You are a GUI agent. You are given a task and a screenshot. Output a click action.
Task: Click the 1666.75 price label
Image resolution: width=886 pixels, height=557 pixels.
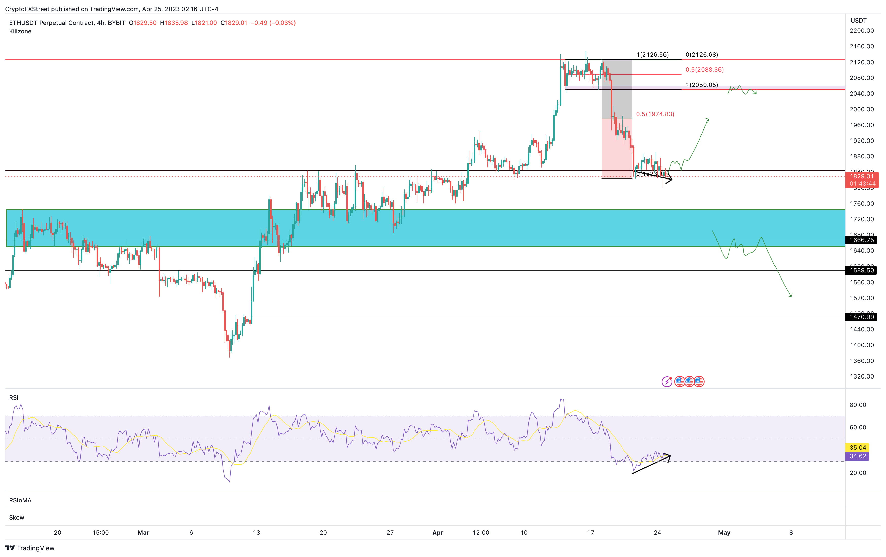tap(861, 240)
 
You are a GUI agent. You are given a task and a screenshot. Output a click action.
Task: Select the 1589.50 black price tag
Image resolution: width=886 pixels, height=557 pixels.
tap(861, 270)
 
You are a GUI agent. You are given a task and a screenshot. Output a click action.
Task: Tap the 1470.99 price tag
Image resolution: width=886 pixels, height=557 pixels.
tap(861, 317)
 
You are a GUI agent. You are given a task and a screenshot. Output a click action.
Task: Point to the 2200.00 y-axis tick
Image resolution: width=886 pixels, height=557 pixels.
tap(861, 31)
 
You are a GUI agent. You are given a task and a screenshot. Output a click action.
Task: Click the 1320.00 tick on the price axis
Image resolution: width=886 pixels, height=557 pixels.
tap(861, 376)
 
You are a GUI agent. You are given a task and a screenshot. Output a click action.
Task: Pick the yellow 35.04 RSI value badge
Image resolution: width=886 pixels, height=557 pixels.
tap(858, 447)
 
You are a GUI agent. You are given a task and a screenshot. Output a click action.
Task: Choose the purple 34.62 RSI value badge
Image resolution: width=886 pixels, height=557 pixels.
tap(858, 456)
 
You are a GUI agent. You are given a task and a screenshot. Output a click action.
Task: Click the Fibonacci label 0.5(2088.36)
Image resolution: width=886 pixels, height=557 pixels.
tap(704, 69)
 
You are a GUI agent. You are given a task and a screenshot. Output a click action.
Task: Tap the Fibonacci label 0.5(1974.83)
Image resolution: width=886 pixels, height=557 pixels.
tap(655, 114)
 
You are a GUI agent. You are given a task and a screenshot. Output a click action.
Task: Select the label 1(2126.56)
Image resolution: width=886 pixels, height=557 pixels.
tap(652, 55)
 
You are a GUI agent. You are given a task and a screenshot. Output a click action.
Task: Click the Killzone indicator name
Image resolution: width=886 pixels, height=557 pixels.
tap(20, 31)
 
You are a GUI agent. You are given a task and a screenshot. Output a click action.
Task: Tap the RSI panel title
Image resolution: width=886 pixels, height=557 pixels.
tap(14, 397)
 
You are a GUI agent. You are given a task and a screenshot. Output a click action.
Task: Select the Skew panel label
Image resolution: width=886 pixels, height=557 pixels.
tap(16, 517)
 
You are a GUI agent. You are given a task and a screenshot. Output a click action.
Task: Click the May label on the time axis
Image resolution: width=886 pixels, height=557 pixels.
tap(724, 532)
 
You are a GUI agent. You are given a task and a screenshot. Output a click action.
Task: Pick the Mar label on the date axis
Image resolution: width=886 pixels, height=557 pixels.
tap(143, 532)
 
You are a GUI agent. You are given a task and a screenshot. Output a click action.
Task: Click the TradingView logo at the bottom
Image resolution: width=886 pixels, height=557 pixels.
tap(30, 548)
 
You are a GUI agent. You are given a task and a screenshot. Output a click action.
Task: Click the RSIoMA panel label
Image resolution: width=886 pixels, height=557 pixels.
tap(20, 500)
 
